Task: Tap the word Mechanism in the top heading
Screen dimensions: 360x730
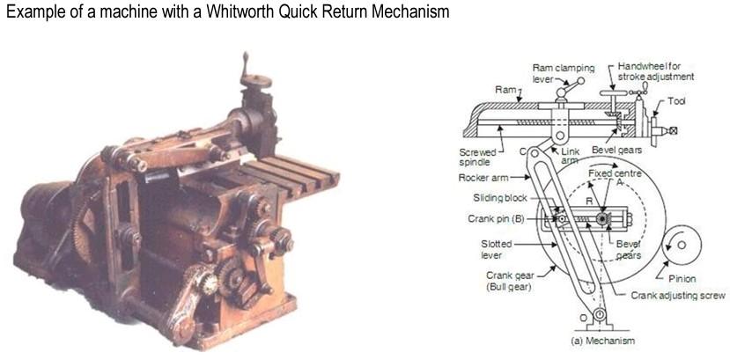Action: (404, 12)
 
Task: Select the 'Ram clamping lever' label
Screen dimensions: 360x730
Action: (563, 73)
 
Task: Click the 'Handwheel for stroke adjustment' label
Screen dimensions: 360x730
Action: (654, 71)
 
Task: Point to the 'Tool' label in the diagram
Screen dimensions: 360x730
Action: (676, 101)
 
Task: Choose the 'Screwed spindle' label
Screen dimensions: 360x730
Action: (478, 157)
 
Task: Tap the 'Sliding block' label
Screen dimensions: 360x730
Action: (499, 198)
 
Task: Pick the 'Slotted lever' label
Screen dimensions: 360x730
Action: (497, 249)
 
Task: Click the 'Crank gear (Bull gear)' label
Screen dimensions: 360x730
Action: (505, 281)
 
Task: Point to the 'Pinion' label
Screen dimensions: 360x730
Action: (682, 278)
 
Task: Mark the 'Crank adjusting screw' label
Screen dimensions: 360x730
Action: (677, 296)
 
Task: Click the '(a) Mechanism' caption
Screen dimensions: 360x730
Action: (602, 340)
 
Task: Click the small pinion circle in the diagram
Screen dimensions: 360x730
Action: (683, 242)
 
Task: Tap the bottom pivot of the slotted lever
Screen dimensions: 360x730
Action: (599, 314)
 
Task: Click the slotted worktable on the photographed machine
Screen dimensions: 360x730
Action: (290, 172)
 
